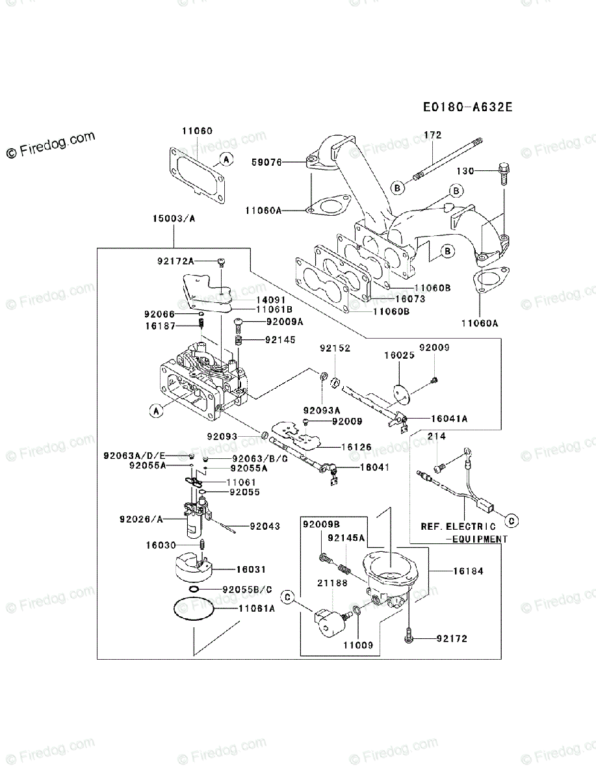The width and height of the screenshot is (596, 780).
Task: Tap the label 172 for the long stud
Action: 432,135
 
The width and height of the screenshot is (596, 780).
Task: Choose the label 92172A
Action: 175,261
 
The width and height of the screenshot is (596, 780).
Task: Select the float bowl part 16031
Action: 194,567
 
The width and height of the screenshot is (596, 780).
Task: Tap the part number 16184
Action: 469,572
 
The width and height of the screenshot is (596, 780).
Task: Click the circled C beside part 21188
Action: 286,597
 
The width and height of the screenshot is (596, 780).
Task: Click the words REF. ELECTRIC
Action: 458,526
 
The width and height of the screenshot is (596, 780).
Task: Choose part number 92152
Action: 334,348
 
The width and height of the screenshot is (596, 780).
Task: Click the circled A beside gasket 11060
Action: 225,159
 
